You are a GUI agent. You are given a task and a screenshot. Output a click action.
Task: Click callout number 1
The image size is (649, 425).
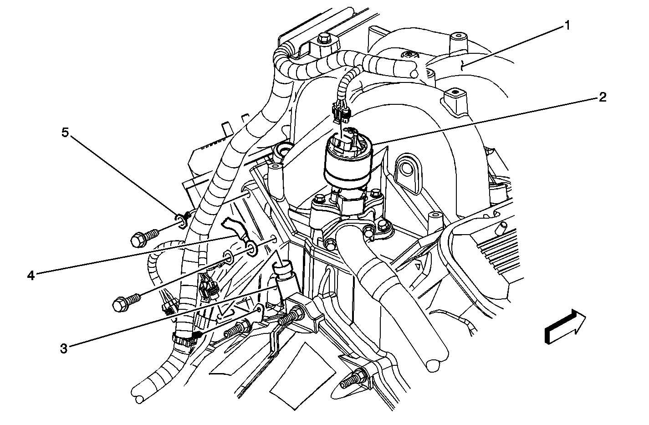567,26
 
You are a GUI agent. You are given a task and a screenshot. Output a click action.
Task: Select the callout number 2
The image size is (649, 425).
603,97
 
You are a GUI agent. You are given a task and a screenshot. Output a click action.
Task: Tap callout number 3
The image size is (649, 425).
64,348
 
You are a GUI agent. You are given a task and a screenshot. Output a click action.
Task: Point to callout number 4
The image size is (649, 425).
31,275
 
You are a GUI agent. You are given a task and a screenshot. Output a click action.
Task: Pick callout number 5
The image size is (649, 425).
65,133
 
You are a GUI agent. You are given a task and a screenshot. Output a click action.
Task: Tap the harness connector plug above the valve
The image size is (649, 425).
341,113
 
